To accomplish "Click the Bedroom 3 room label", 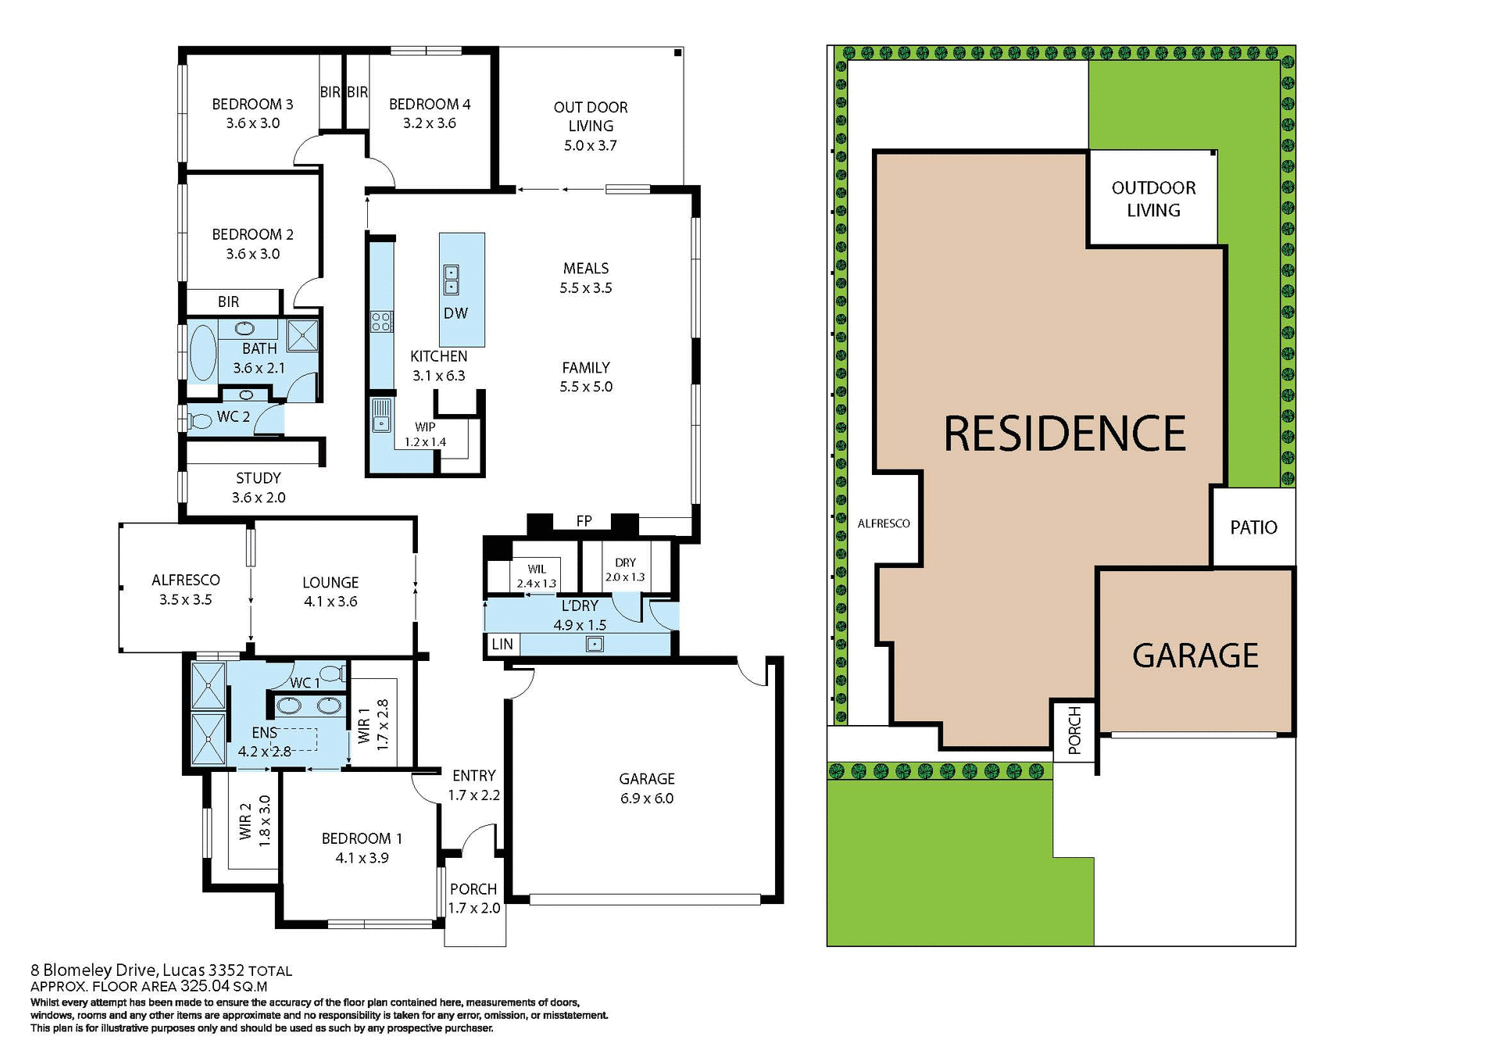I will pos(252,104).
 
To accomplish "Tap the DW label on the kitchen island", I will pos(455,313).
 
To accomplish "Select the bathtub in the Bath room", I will pos(203,353).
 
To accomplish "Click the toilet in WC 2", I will pos(200,421).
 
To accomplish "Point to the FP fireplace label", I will pos(584,521).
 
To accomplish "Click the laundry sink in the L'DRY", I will pos(595,645).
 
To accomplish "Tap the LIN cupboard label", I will pos(502,645).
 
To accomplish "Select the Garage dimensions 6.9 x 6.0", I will pos(647,798).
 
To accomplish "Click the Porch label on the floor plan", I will pos(473,889).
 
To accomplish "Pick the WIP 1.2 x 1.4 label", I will pos(425,434).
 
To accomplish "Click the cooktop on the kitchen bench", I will pos(381,320).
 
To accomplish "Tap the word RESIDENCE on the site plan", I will pos(1064,434).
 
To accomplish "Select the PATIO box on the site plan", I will pos(1253,527).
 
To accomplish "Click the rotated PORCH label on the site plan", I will pos(1074,731).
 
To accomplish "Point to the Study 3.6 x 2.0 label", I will pos(259,488).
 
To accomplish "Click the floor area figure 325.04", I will pos(205,986).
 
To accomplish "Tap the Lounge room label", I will pos(330,582).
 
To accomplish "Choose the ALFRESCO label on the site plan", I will pos(884,523).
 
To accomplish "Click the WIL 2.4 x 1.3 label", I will pos(537,576).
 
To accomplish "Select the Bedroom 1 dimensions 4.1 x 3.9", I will pos(362,858).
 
